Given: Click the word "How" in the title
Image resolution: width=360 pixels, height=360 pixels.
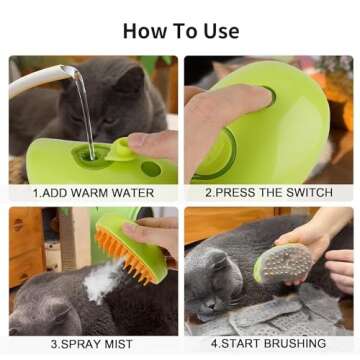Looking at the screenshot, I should [143, 29].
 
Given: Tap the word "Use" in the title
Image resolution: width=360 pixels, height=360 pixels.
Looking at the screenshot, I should [217, 29].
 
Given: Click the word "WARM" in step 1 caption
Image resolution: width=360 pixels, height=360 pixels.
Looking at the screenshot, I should [95, 191].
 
